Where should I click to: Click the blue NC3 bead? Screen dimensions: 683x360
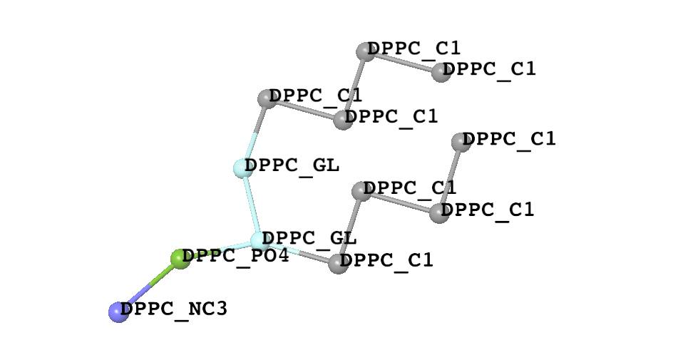pyautogui.click(x=118, y=312)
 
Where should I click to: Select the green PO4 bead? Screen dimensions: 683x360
pyautogui.click(x=180, y=259)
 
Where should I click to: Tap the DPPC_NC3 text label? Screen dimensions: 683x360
pyautogui.click(x=174, y=309)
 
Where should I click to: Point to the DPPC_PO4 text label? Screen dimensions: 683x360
pyautogui.click(x=235, y=256)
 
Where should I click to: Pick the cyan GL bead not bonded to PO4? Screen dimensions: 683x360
pyautogui.click(x=243, y=168)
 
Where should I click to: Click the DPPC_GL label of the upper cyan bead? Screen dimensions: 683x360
pyautogui.click(x=292, y=166)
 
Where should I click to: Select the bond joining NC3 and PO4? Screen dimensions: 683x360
pyautogui.click(x=150, y=286)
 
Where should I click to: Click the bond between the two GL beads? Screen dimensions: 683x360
pyautogui.click(x=252, y=205)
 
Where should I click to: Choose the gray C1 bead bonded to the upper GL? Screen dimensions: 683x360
pyautogui.click(x=267, y=99)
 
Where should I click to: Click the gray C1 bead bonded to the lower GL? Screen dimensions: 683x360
pyautogui.click(x=339, y=264)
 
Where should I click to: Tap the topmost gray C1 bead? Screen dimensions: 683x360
pyautogui.click(x=366, y=52)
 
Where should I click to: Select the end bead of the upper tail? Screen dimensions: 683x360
pyautogui.click(x=441, y=72)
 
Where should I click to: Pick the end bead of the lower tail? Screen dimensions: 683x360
pyautogui.click(x=461, y=143)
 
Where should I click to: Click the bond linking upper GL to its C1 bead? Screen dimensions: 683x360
pyautogui.click(x=255, y=133)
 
